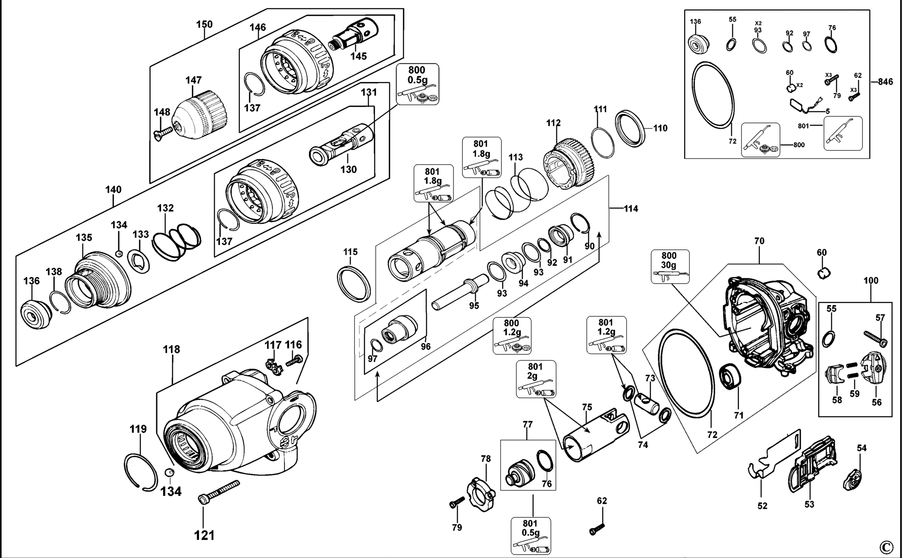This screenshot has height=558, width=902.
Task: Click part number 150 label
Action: coord(204,24)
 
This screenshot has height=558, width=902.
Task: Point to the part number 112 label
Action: coord(553,123)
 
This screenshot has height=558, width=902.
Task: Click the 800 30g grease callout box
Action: coord(670,267)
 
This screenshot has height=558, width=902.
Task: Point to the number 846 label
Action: coord(885,82)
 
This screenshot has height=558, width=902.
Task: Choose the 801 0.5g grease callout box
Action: coord(531,536)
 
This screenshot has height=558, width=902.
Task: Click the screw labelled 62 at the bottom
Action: coord(597,529)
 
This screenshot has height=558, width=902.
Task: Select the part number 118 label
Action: coord(171,350)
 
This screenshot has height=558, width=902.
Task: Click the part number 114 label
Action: coord(631,209)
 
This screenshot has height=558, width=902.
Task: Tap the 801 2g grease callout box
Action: coord(535,379)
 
